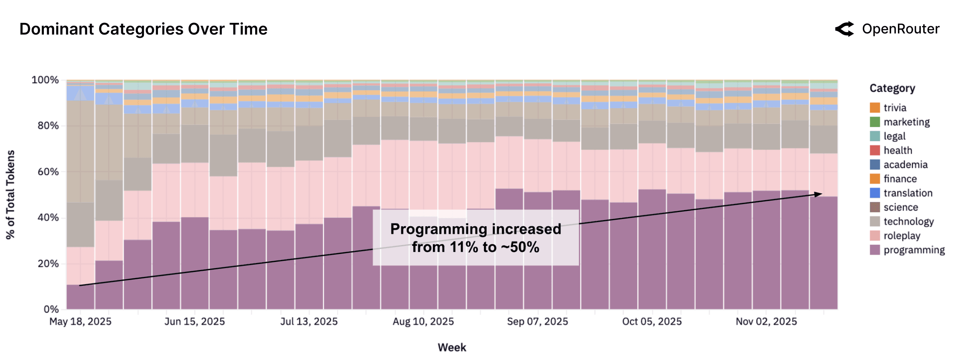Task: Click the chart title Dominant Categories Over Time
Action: (143, 29)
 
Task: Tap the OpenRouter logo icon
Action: (845, 29)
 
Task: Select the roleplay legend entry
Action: (902, 236)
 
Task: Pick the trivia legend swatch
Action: (875, 108)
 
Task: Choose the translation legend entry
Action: (908, 193)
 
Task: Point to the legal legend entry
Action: (894, 136)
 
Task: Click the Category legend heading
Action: (892, 88)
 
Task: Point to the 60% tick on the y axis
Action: (48, 172)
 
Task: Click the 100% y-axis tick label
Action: (45, 80)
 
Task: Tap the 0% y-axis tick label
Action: (51, 309)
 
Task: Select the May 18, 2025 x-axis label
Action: (80, 321)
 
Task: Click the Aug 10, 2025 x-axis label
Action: (423, 321)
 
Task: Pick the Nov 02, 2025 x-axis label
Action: (766, 321)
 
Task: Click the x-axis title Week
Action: (452, 348)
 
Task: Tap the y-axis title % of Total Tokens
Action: (10, 195)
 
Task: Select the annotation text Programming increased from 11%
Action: (475, 238)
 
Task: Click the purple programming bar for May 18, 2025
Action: (80, 297)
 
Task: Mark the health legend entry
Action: (898, 151)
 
